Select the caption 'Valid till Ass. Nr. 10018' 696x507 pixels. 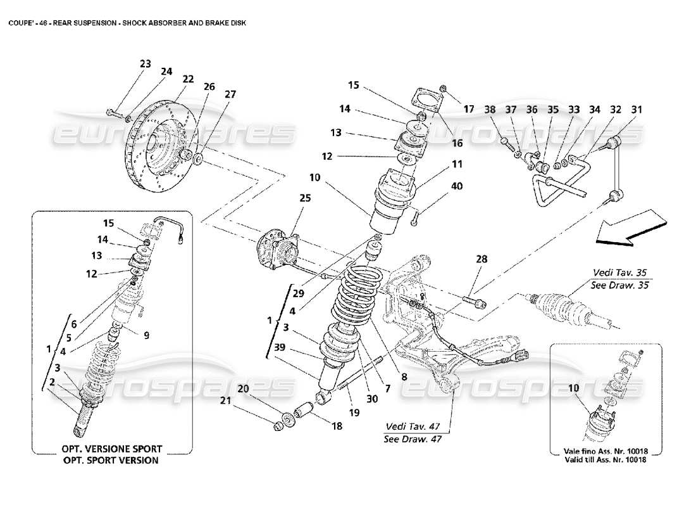point(604,459)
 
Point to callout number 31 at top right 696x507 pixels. point(636,110)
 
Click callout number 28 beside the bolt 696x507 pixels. point(483,259)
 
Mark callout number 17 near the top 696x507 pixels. point(469,109)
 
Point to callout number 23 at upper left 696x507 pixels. point(146,63)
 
